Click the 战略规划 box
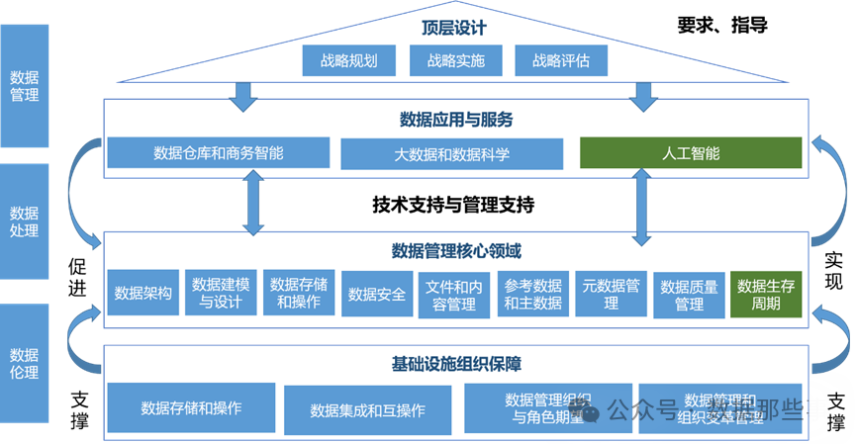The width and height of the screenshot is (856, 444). pyautogui.click(x=348, y=60)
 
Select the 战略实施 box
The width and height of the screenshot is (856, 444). pyautogui.click(x=455, y=60)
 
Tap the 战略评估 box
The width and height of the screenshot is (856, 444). pyautogui.click(x=562, y=60)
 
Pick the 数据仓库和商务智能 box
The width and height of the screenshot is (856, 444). pyautogui.click(x=219, y=153)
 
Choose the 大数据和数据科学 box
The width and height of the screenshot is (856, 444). pyautogui.click(x=453, y=154)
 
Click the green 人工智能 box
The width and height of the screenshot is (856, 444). pyautogui.click(x=691, y=153)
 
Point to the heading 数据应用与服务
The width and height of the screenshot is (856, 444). pyautogui.click(x=456, y=120)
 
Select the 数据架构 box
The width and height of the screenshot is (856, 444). pyautogui.click(x=143, y=293)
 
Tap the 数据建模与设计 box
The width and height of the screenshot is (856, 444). pyautogui.click(x=221, y=293)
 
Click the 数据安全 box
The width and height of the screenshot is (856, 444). pyautogui.click(x=377, y=294)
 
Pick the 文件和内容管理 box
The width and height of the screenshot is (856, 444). pyautogui.click(x=455, y=294)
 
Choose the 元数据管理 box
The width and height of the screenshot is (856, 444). pyautogui.click(x=612, y=294)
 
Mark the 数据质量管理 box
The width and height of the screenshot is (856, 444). pyautogui.click(x=689, y=294)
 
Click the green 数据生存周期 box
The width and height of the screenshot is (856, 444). pyautogui.click(x=766, y=294)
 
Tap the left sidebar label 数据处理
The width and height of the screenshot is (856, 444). pyautogui.click(x=24, y=222)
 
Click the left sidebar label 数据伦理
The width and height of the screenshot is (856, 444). pyautogui.click(x=24, y=363)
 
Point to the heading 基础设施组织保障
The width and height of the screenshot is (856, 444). pyautogui.click(x=456, y=364)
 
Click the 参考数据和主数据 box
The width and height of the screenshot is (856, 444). pyautogui.click(x=533, y=294)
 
